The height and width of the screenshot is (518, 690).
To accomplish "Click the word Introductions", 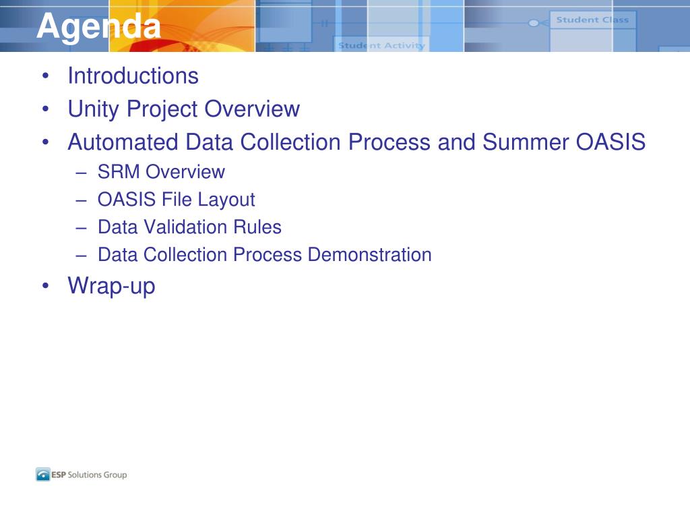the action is click(133, 76).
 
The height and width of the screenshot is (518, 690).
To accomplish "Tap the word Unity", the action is click(93, 109).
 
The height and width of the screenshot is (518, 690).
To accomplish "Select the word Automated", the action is click(122, 142).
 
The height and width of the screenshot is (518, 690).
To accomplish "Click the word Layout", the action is click(226, 200).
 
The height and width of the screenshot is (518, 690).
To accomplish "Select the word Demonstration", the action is click(370, 254).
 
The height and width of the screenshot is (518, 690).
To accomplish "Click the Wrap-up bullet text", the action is click(111, 286).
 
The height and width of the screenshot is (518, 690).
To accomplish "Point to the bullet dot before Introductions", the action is click(45, 76).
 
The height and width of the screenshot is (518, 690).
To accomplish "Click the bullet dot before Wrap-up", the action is click(45, 285).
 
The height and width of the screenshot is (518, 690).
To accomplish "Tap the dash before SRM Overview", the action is click(81, 173).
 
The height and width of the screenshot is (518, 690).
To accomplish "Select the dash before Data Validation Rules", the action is click(81, 228).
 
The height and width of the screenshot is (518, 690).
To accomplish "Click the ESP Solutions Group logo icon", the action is click(42, 474).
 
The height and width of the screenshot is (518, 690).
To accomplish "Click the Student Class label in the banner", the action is click(592, 20).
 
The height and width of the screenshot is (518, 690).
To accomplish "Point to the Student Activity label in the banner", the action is click(381, 45).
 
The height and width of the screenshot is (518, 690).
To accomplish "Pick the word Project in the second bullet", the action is click(162, 109).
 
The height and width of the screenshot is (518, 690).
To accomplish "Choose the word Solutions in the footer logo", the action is click(84, 475).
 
